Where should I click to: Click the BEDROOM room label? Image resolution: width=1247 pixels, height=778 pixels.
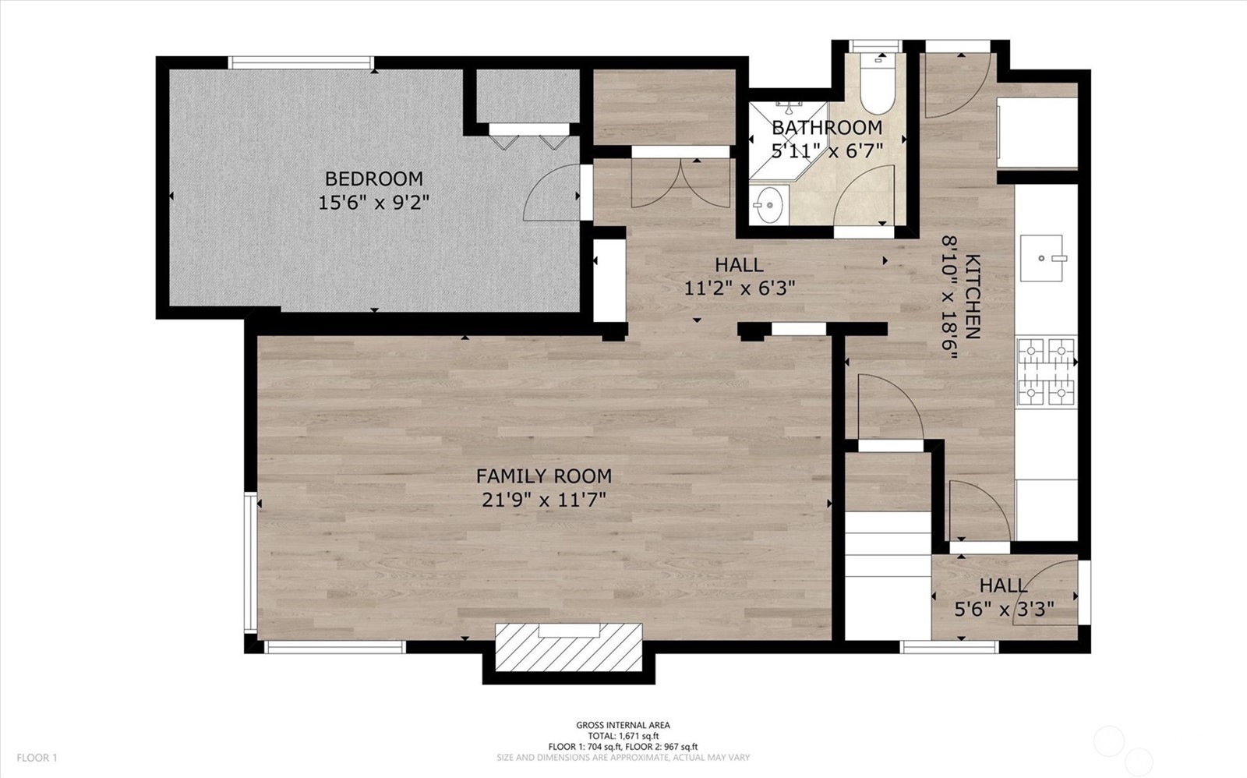click(x=373, y=179)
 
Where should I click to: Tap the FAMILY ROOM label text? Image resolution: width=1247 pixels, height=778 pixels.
click(x=543, y=476)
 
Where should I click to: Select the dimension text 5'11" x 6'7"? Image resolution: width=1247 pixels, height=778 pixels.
click(x=826, y=150)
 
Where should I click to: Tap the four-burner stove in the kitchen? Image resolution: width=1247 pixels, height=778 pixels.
click(x=1046, y=372)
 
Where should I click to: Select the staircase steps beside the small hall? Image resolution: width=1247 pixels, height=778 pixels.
click(x=888, y=577)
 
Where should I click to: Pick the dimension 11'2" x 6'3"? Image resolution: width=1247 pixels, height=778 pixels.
click(x=739, y=288)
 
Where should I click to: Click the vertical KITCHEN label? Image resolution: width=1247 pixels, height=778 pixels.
click(x=973, y=297)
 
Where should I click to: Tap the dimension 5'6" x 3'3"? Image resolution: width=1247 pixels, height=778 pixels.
click(x=1005, y=609)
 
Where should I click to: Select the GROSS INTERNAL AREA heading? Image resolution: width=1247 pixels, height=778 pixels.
click(x=622, y=725)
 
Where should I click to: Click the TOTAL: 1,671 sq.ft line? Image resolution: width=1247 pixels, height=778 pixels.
click(x=622, y=735)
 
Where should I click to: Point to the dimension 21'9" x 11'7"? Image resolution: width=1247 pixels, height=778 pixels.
click(x=543, y=499)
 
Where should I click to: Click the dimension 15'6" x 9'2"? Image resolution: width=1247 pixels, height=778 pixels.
click(x=373, y=203)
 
